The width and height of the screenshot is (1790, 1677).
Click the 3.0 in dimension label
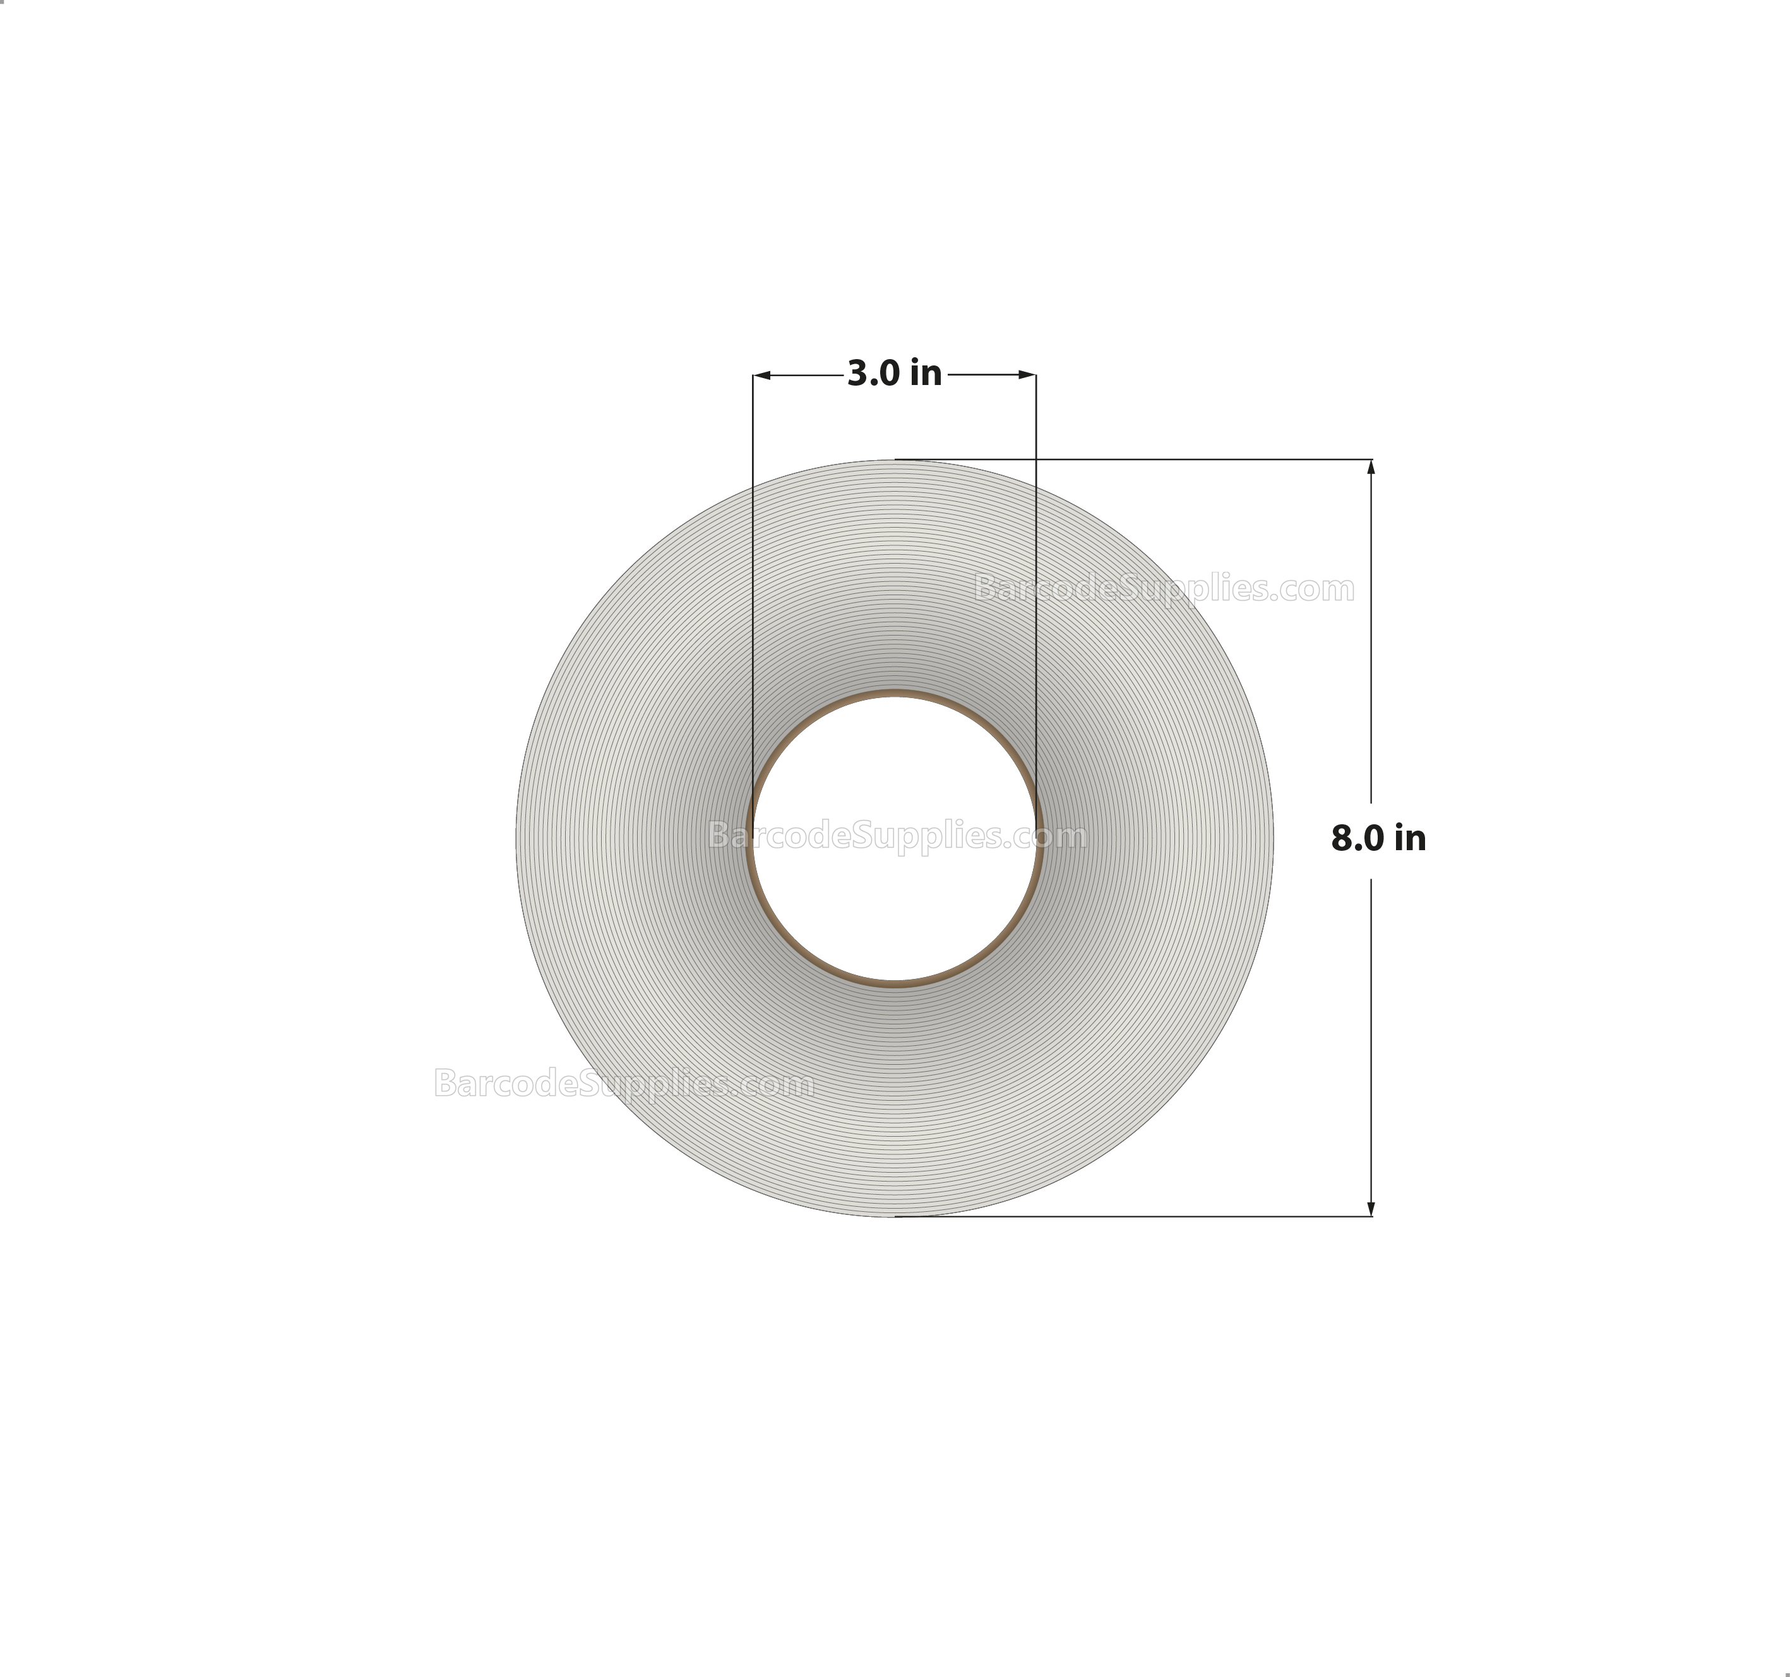click(894, 374)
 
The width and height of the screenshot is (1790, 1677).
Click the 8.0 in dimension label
click(1378, 839)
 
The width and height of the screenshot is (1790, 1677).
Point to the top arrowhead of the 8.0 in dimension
click(1370, 467)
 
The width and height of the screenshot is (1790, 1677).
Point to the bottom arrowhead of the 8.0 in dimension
click(1370, 1208)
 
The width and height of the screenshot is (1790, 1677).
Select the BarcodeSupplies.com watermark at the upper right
click(1164, 589)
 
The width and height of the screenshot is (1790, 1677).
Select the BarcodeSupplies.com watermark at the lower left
click(624, 1083)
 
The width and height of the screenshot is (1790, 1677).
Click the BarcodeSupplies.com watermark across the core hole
click(897, 836)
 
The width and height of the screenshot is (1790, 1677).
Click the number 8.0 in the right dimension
click(1357, 839)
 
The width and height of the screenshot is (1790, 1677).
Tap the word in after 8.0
click(1410, 839)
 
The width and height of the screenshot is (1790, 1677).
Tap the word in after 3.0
click(926, 374)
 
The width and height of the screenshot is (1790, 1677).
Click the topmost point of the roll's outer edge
click(894, 461)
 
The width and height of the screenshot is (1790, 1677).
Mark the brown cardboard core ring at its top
click(894, 694)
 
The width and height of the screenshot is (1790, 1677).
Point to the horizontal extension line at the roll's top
click(1135, 459)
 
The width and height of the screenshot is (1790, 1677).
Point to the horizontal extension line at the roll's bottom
click(1135, 1216)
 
